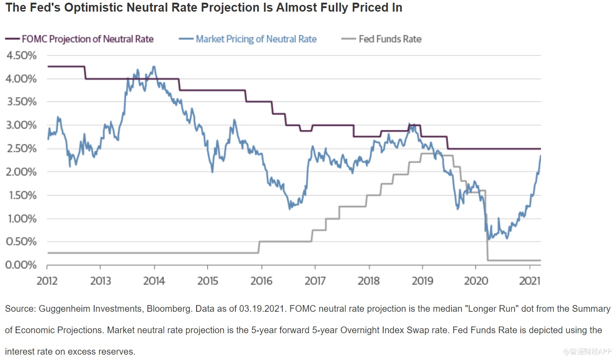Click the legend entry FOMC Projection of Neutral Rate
[88, 39]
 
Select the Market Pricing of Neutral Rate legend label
[256, 39]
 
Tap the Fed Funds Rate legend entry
[390, 39]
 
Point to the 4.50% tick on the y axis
[21, 55]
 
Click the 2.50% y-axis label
[21, 148]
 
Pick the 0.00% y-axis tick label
[21, 265]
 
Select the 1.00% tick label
[21, 218]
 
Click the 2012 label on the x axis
[47, 280]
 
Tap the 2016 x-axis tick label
[262, 280]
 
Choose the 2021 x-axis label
[530, 280]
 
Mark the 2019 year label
[423, 280]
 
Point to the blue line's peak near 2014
[154, 67]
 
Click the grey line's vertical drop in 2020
[486, 226]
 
